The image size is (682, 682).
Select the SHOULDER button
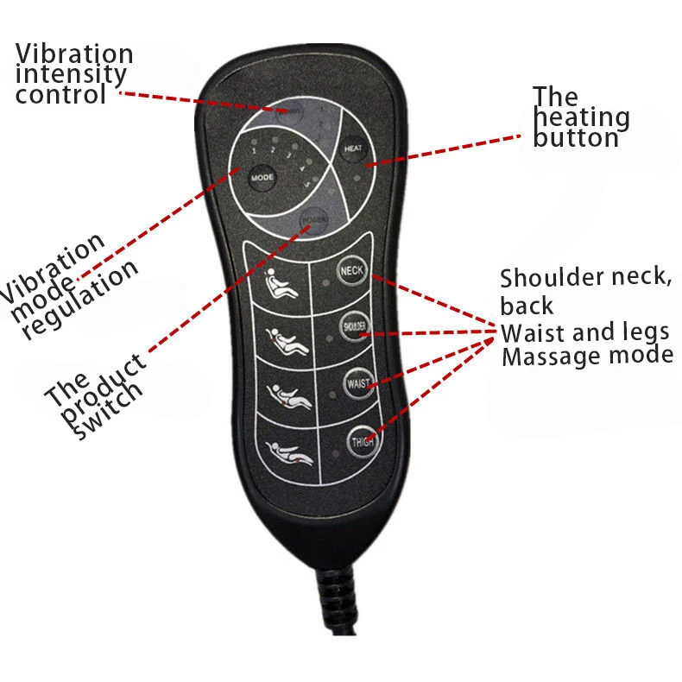pyautogui.click(x=353, y=325)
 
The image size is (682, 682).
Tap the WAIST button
pyautogui.click(x=357, y=382)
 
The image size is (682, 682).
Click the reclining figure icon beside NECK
pyautogui.click(x=282, y=285)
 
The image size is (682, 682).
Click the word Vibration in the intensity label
pyautogui.click(x=74, y=54)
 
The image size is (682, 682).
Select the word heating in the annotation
pyautogui.click(x=581, y=117)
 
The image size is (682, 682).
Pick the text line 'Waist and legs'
pyautogui.click(x=585, y=332)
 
